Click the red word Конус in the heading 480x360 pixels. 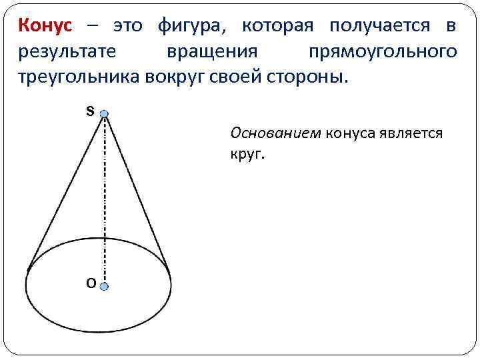[x=43, y=27]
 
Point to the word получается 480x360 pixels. [x=378, y=27]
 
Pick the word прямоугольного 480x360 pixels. [x=383, y=52]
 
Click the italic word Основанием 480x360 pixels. [x=275, y=133]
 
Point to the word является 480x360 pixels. [x=409, y=133]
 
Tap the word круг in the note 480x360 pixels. [x=247, y=155]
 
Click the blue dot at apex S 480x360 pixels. [x=104, y=115]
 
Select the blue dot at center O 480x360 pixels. [x=104, y=286]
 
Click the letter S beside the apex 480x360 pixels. [x=89, y=111]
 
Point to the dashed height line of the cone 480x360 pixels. [x=104, y=200]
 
